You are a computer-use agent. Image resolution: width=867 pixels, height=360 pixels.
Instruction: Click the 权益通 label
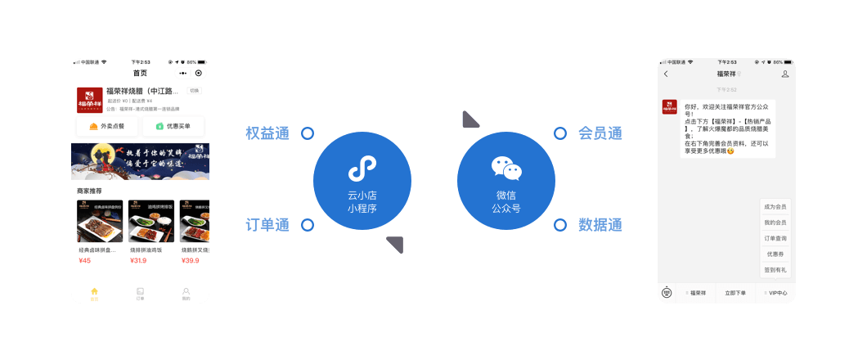(x=267, y=133)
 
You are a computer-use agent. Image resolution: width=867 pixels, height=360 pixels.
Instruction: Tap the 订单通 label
(x=267, y=225)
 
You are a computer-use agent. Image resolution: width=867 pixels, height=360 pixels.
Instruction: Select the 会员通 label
(x=600, y=133)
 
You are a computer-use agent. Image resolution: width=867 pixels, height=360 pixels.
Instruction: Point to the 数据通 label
(x=600, y=225)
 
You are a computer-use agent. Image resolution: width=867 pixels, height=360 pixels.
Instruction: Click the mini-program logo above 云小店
(x=362, y=169)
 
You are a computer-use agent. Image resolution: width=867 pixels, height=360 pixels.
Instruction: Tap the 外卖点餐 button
(x=107, y=126)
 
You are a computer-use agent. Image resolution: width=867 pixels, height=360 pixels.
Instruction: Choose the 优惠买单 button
(x=173, y=126)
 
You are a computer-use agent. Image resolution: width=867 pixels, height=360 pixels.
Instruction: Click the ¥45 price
(x=85, y=261)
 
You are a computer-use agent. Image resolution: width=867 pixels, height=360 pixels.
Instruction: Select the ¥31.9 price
(x=138, y=261)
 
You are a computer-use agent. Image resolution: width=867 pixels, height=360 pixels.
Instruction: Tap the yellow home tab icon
(x=94, y=291)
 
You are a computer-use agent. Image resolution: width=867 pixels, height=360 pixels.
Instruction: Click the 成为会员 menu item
(x=775, y=207)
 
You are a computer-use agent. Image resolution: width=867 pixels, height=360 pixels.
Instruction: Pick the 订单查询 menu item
(x=775, y=238)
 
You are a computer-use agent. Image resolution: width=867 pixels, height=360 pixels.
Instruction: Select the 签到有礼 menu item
(x=775, y=269)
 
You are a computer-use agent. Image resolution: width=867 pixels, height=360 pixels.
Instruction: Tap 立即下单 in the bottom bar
(x=734, y=293)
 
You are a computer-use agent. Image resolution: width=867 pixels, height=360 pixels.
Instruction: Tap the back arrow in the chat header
(x=666, y=74)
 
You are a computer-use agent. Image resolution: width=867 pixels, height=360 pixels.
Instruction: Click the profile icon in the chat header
(x=785, y=74)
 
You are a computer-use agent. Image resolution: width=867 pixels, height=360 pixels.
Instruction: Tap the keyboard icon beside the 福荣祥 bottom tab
(x=667, y=293)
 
